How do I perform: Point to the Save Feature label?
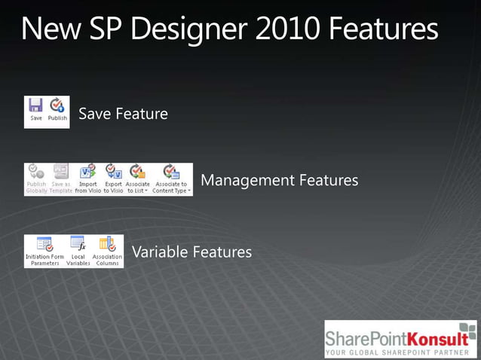123,114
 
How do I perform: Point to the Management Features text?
279,181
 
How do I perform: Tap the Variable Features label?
191,252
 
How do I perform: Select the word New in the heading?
47,30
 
